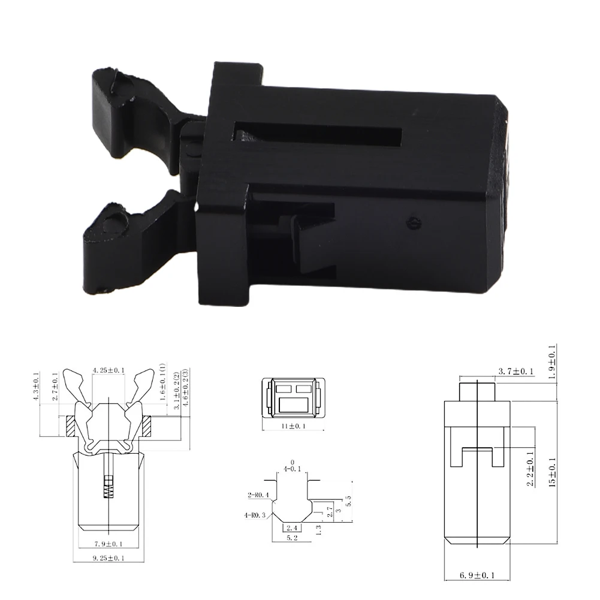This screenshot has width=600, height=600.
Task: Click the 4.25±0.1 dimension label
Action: [x=108, y=370]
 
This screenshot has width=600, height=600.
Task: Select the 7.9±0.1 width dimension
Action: [x=108, y=544]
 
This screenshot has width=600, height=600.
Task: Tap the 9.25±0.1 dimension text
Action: [x=108, y=558]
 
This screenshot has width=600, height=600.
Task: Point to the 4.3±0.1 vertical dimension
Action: [x=35, y=387]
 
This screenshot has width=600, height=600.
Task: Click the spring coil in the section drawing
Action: [x=108, y=486]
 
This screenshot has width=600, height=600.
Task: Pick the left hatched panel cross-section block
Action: [x=70, y=427]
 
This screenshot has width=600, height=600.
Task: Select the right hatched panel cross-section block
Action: [x=146, y=427]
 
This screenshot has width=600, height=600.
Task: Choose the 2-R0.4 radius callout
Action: [x=258, y=495]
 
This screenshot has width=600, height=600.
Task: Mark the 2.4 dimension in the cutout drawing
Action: [x=292, y=528]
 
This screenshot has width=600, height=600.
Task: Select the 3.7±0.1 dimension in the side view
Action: [x=516, y=372]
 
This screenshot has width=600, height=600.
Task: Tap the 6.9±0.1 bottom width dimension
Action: [x=477, y=575]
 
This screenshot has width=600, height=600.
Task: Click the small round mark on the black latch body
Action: [x=411, y=221]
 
